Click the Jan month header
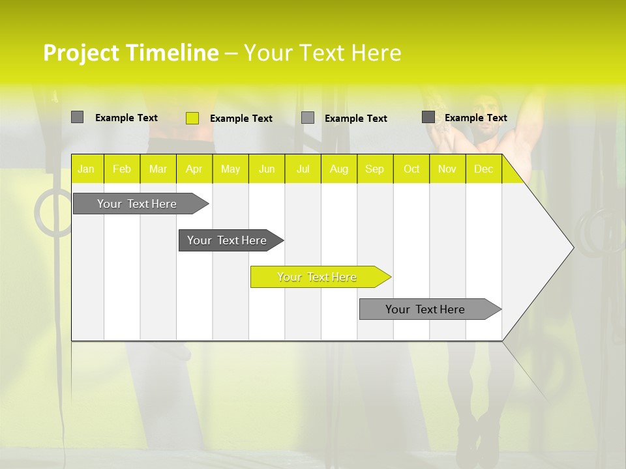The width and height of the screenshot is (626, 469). [x=87, y=169]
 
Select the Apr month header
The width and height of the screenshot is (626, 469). [x=194, y=169]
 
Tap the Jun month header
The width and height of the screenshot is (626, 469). [x=267, y=169]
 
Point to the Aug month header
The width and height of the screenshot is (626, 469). [x=338, y=169]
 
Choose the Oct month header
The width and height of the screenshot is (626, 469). [x=411, y=169]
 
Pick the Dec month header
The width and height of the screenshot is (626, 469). [x=483, y=169]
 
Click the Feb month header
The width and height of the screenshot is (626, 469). [x=122, y=169]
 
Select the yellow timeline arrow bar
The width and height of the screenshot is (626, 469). [x=320, y=277]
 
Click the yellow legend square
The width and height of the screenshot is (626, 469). [x=192, y=118]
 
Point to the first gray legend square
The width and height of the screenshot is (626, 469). [x=77, y=117]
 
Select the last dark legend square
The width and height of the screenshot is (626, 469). [x=428, y=117]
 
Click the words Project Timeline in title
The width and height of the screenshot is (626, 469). [x=130, y=53]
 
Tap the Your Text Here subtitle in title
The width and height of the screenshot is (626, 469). [x=322, y=53]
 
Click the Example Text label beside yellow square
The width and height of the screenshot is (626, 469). [x=241, y=119]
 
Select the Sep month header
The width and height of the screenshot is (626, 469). [x=374, y=169]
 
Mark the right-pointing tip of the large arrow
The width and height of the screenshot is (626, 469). [x=572, y=247]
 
